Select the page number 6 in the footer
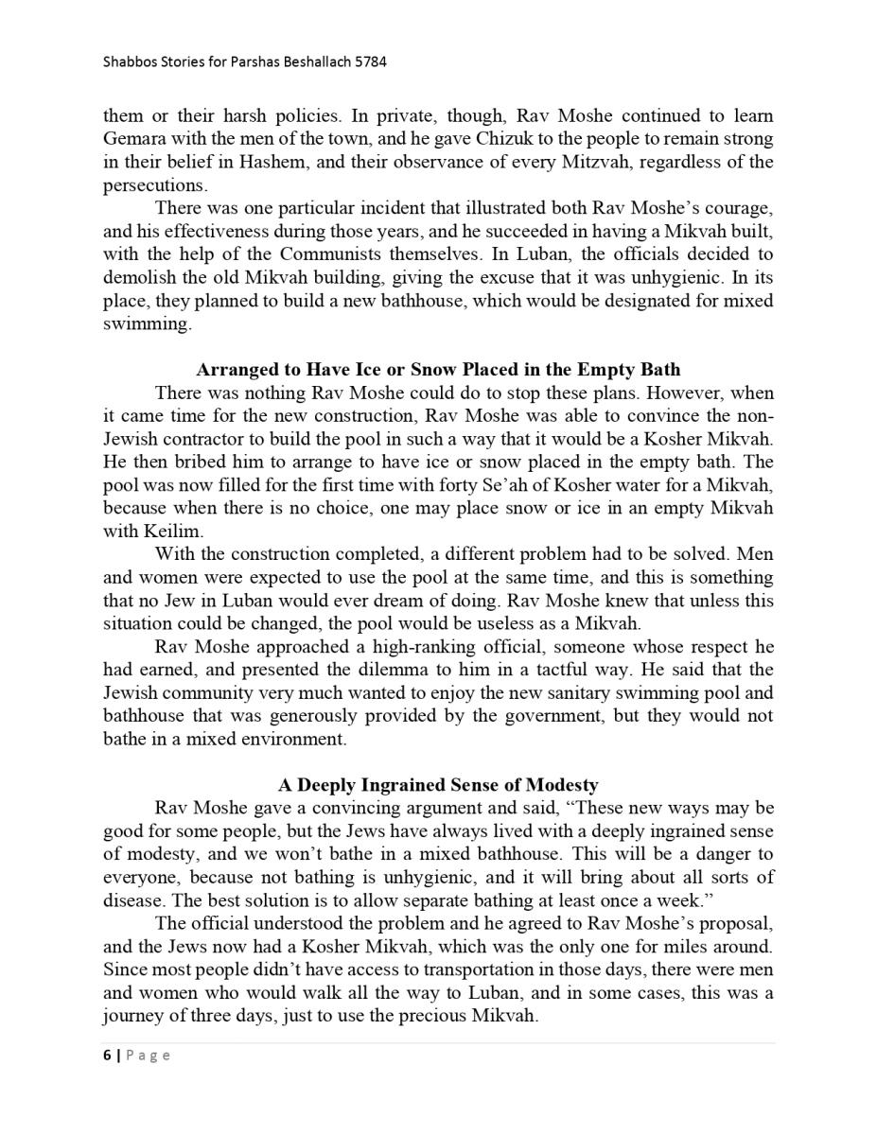coord(107,1056)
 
